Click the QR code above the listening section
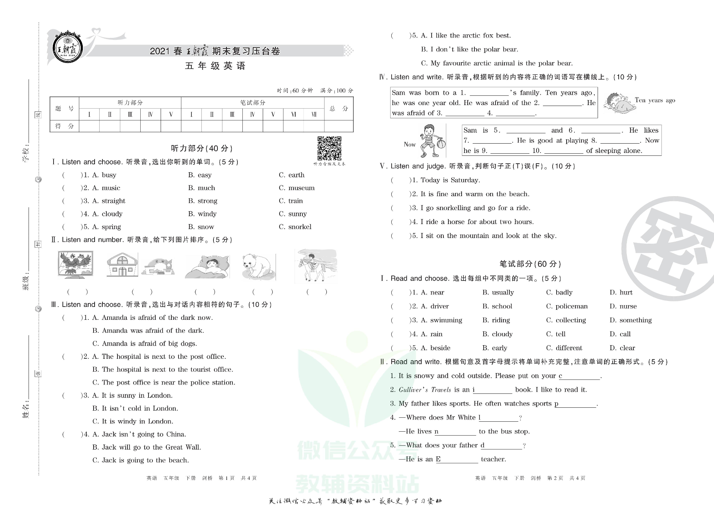point(329,148)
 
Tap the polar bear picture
point(257,266)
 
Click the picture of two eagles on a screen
point(75,264)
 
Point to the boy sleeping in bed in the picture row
point(207,267)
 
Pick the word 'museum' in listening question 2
point(301,188)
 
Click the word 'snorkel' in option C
point(300,227)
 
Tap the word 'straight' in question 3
point(114,201)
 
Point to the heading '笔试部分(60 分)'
point(530,264)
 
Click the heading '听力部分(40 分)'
point(202,148)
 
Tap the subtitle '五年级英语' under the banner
point(215,66)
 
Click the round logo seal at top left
point(68,47)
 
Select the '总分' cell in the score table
point(338,108)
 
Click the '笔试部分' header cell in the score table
point(252,103)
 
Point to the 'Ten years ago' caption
point(655,100)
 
